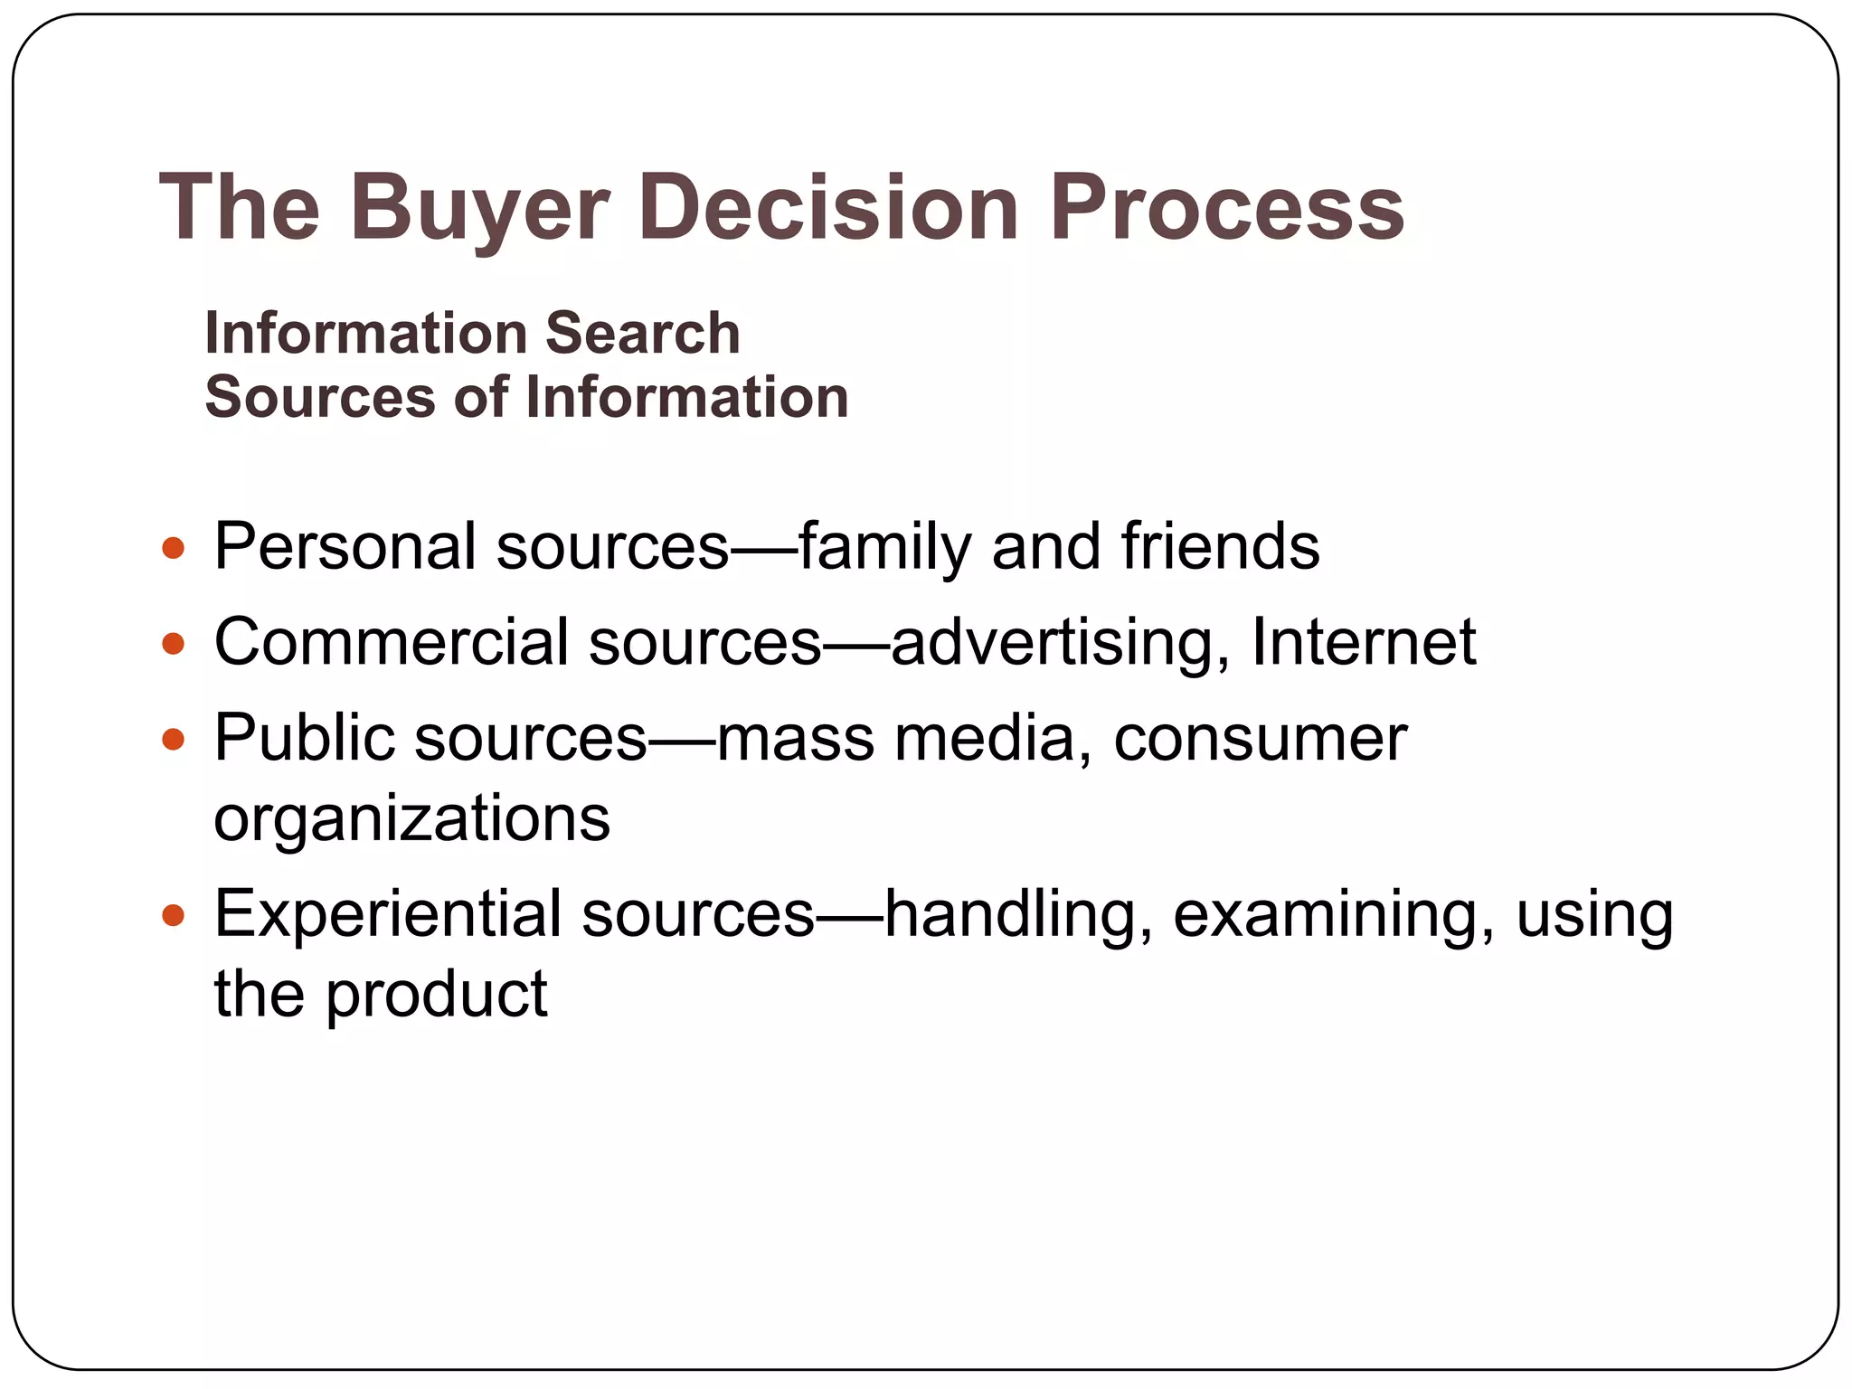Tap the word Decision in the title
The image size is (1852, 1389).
click(x=828, y=209)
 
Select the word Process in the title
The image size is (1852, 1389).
click(x=1225, y=209)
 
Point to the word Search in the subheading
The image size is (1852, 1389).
click(x=642, y=333)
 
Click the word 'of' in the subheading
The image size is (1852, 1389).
click(x=480, y=397)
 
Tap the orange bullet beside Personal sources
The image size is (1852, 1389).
click(x=172, y=548)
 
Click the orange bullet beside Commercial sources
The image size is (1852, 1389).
click(x=172, y=644)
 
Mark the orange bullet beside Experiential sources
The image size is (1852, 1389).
click(x=172, y=915)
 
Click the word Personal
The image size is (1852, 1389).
click(x=345, y=547)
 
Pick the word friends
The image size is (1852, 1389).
click(x=1220, y=547)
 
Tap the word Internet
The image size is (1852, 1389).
click(x=1364, y=643)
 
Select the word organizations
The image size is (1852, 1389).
click(x=411, y=819)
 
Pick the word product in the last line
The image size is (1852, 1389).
click(x=436, y=996)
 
